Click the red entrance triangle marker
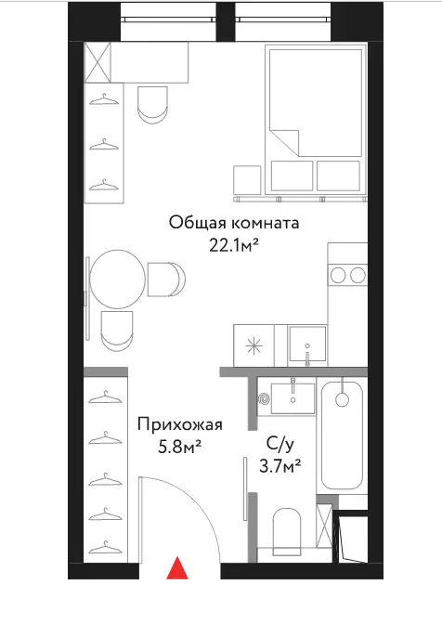pos(177,568)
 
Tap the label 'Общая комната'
pos(234,223)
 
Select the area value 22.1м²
pos(234,245)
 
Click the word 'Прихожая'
pos(180,425)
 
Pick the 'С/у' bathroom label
pos(279,444)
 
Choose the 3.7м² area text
pos(279,466)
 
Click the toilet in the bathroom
pos(287,532)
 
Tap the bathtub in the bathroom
pos(342,435)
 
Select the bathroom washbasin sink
pos(292,398)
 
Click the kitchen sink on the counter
pos(307,344)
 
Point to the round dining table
pos(117,279)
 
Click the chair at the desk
pos(152,105)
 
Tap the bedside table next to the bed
pos(247,180)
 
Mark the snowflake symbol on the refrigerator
pos(253,346)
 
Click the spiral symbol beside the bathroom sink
pos(264,399)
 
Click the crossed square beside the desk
pos(97,62)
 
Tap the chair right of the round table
pos(166,279)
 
